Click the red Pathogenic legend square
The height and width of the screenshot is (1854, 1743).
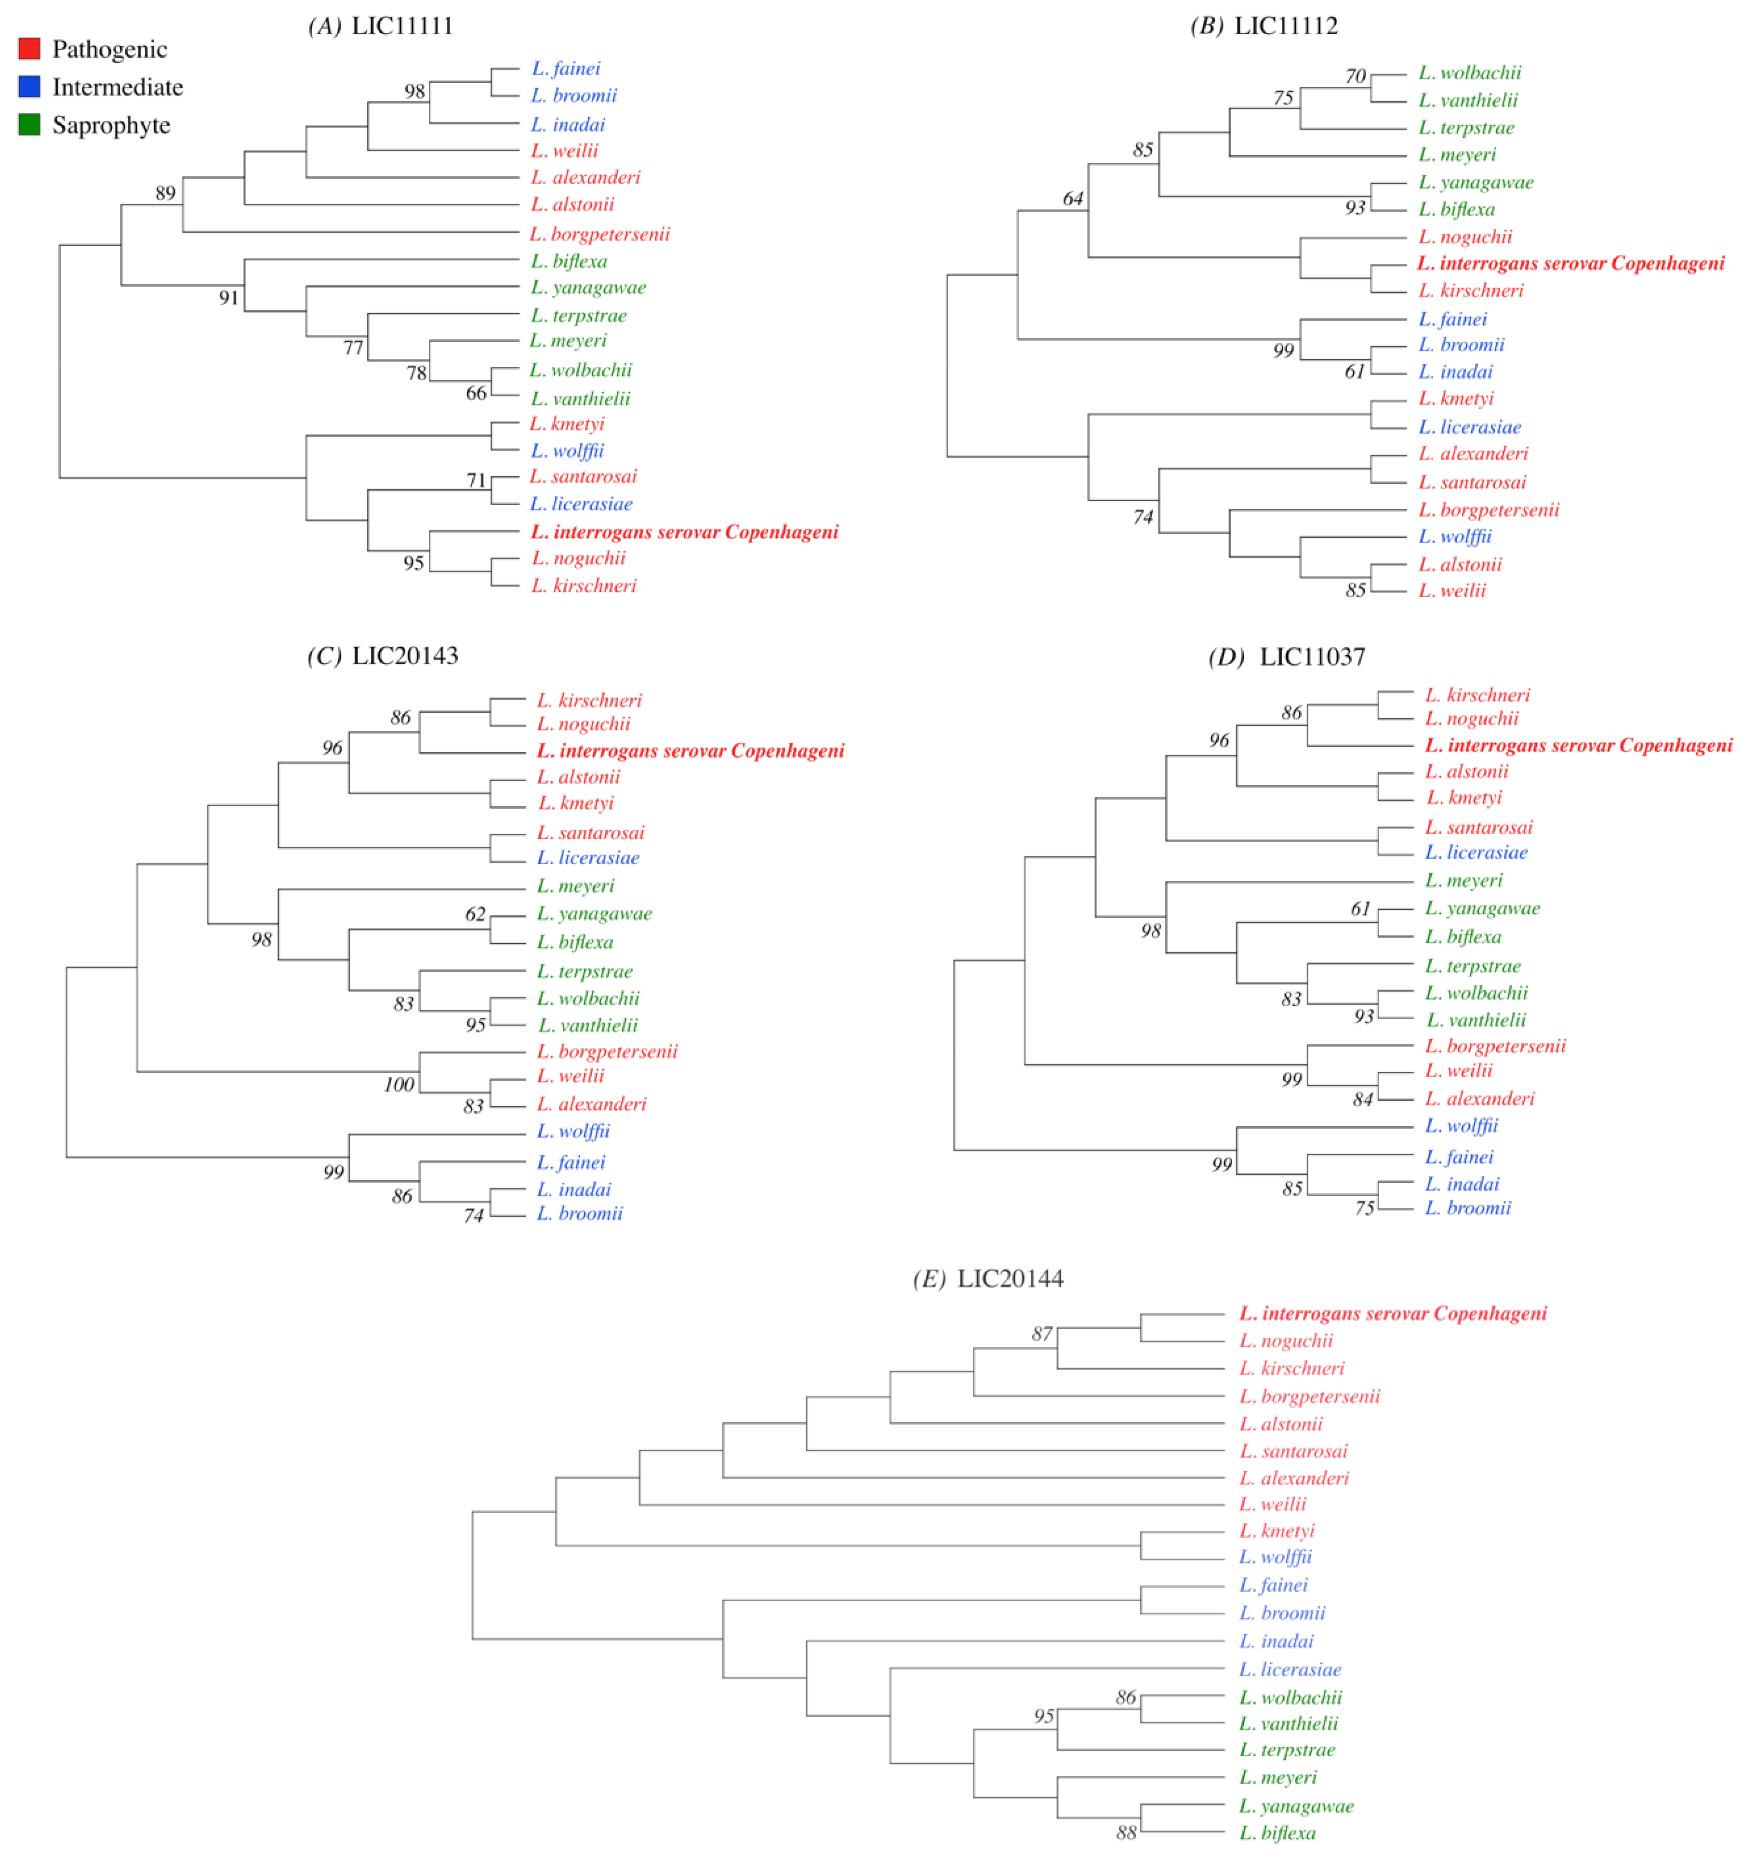[x=29, y=49]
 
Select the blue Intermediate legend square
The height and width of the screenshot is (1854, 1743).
[x=29, y=87]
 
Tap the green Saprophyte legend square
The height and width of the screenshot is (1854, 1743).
[x=29, y=125]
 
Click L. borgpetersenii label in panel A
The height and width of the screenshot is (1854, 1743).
[x=599, y=234]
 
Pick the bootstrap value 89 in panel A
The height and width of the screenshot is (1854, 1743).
[x=165, y=193]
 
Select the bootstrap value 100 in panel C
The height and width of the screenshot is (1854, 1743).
[x=399, y=1085]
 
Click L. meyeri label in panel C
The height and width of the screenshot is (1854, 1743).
[x=575, y=886]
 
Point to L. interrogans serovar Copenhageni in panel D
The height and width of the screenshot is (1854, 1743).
[x=1578, y=745]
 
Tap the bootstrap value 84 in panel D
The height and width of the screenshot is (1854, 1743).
[x=1362, y=1099]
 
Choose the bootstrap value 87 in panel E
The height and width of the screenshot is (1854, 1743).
[x=1042, y=1334]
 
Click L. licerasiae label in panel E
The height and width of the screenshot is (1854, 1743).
[x=1290, y=1669]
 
